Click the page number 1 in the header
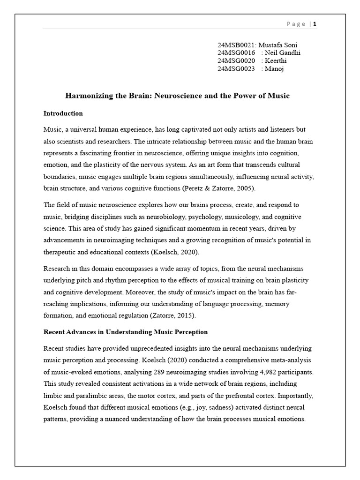tap(315, 24)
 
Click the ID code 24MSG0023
tap(236, 69)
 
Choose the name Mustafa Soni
tap(281, 45)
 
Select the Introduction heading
tap(63, 113)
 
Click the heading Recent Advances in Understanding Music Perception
tap(125, 332)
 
